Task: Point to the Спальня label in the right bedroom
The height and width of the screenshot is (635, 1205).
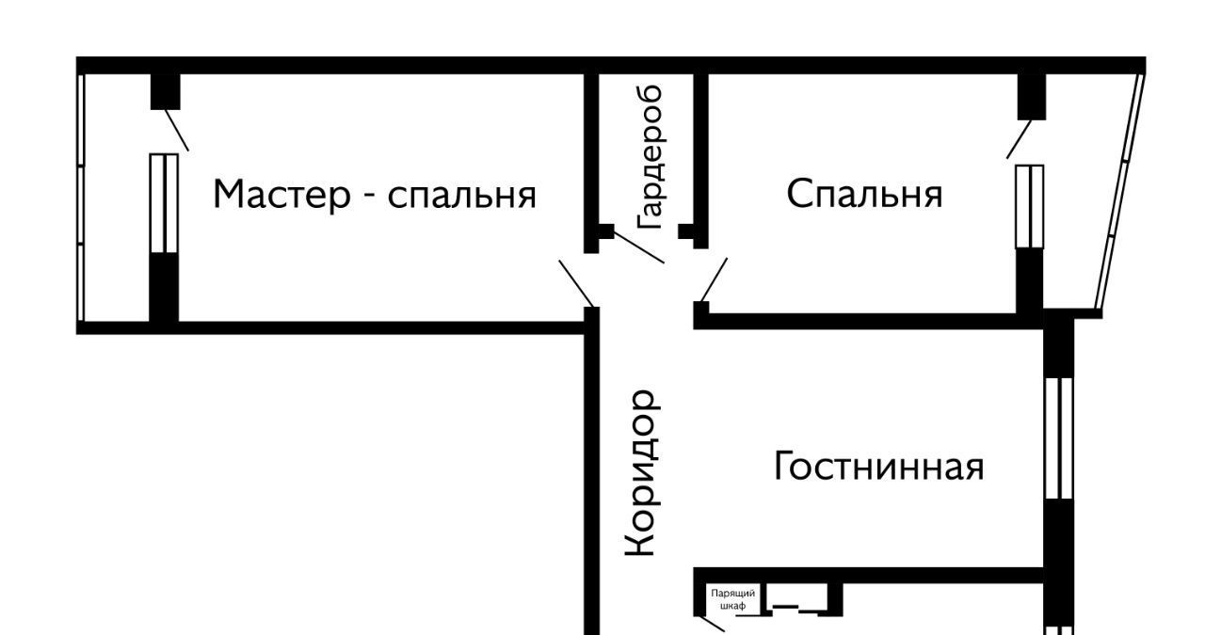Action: pyautogui.click(x=864, y=194)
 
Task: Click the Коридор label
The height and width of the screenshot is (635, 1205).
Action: pyautogui.click(x=641, y=473)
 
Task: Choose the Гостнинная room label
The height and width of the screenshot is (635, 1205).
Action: pyautogui.click(x=878, y=466)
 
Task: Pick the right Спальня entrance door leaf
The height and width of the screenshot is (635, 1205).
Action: pyautogui.click(x=714, y=278)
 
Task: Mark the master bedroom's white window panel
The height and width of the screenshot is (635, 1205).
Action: pyautogui.click(x=164, y=203)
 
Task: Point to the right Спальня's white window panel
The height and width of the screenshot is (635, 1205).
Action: pyautogui.click(x=1030, y=206)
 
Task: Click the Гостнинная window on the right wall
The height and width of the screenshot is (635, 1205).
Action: pyautogui.click(x=1059, y=437)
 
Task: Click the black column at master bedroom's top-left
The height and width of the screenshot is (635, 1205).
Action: pyautogui.click(x=165, y=91)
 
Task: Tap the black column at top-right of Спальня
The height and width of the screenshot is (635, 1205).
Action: pyautogui.click(x=1032, y=96)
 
